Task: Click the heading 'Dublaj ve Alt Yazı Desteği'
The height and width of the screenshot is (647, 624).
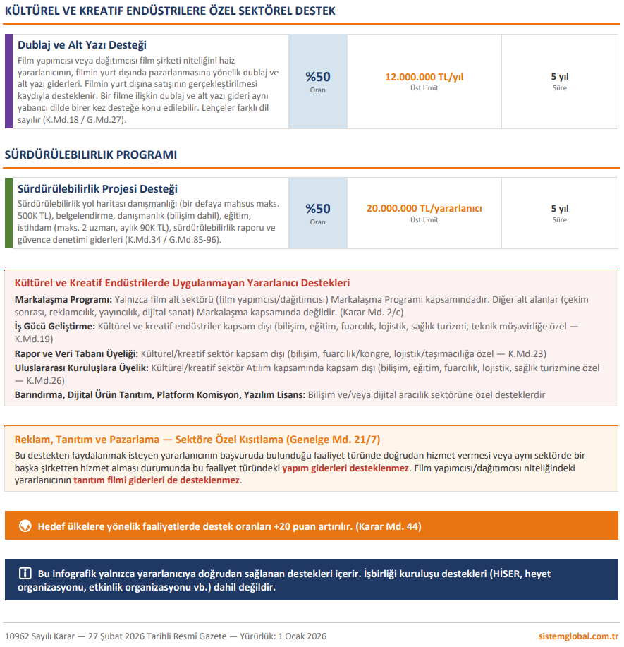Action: (x=82, y=45)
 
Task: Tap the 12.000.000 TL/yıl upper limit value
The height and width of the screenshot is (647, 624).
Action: (x=424, y=77)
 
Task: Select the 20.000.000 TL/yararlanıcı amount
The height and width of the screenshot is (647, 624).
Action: (x=424, y=208)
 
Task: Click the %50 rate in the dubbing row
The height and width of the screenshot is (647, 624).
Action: (x=317, y=77)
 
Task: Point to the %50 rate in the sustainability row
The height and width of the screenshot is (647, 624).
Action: (x=317, y=209)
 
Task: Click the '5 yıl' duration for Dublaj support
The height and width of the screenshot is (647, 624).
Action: (x=559, y=77)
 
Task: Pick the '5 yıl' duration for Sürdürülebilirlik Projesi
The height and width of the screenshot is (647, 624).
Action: (x=559, y=209)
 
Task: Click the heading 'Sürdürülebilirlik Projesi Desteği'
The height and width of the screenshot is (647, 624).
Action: (x=97, y=189)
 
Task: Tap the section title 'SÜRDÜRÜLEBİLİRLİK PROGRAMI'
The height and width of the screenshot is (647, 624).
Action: (x=91, y=155)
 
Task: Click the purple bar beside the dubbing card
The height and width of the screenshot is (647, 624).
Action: (x=8, y=81)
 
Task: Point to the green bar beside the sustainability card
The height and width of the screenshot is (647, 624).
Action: (x=8, y=212)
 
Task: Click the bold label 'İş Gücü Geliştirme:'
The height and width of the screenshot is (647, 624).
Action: (x=54, y=327)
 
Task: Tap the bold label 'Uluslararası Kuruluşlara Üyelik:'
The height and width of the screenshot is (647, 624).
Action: (x=81, y=368)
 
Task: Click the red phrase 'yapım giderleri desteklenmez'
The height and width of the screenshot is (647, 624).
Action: (x=345, y=468)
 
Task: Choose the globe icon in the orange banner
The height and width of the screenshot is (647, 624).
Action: (x=25, y=526)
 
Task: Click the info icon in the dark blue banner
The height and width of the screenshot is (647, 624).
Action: (x=25, y=573)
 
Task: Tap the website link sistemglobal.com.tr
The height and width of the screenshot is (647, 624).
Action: (x=577, y=636)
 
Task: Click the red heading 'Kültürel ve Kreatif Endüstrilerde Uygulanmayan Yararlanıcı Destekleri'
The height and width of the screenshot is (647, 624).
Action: (x=182, y=283)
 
